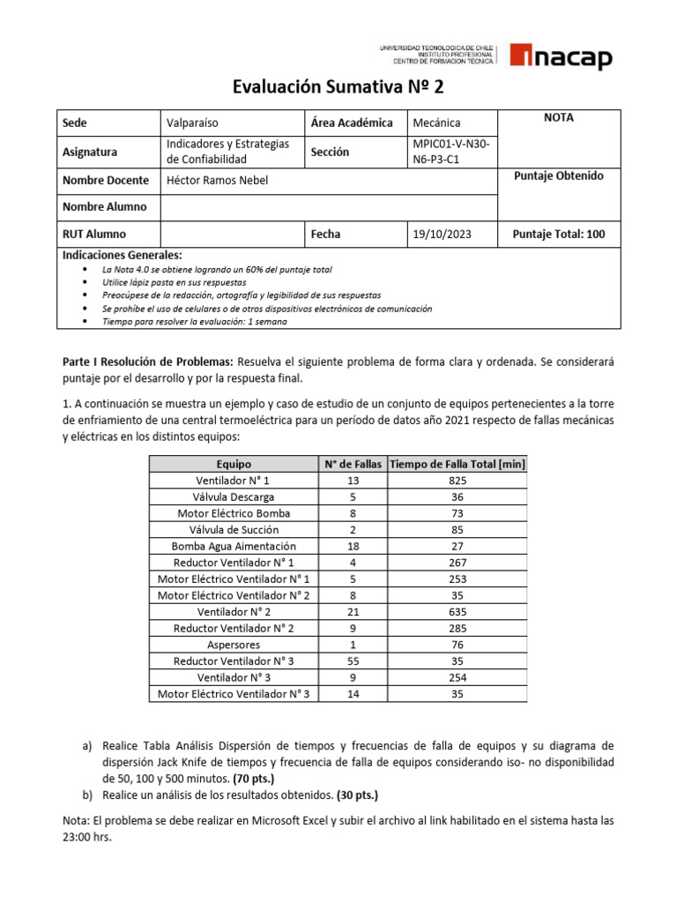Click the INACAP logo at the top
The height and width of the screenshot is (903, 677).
[560, 58]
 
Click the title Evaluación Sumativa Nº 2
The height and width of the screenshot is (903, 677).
[338, 87]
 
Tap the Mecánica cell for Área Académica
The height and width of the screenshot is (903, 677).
[436, 123]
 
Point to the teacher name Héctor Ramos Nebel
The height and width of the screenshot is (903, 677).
[216, 181]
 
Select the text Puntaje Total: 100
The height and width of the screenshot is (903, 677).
[559, 235]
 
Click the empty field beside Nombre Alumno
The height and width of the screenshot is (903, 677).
[326, 207]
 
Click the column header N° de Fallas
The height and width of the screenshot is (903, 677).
[351, 464]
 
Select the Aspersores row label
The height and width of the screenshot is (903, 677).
[234, 646]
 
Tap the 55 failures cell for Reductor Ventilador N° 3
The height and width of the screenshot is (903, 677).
[351, 661]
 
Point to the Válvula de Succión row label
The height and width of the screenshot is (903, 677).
[234, 530]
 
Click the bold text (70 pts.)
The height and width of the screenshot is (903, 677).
[253, 779]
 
